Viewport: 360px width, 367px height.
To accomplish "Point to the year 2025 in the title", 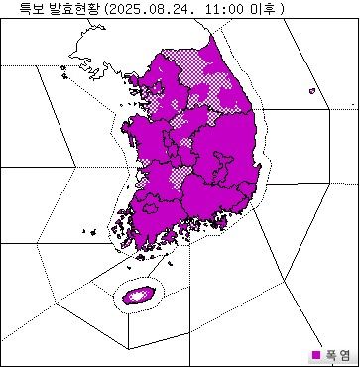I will click(122, 8).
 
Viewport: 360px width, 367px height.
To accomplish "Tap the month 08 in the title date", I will click(152, 8).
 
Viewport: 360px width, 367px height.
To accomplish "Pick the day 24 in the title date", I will click(176, 8).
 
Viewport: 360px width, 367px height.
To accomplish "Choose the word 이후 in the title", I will click(262, 8).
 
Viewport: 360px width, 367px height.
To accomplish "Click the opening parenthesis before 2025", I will click(103, 8).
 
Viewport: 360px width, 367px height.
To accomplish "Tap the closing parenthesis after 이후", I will click(282, 8).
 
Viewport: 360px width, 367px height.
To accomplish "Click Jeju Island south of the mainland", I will click(138, 294).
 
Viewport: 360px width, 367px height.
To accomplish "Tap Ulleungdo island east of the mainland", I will click(311, 92).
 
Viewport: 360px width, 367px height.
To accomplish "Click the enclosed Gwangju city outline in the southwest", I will click(149, 201).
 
